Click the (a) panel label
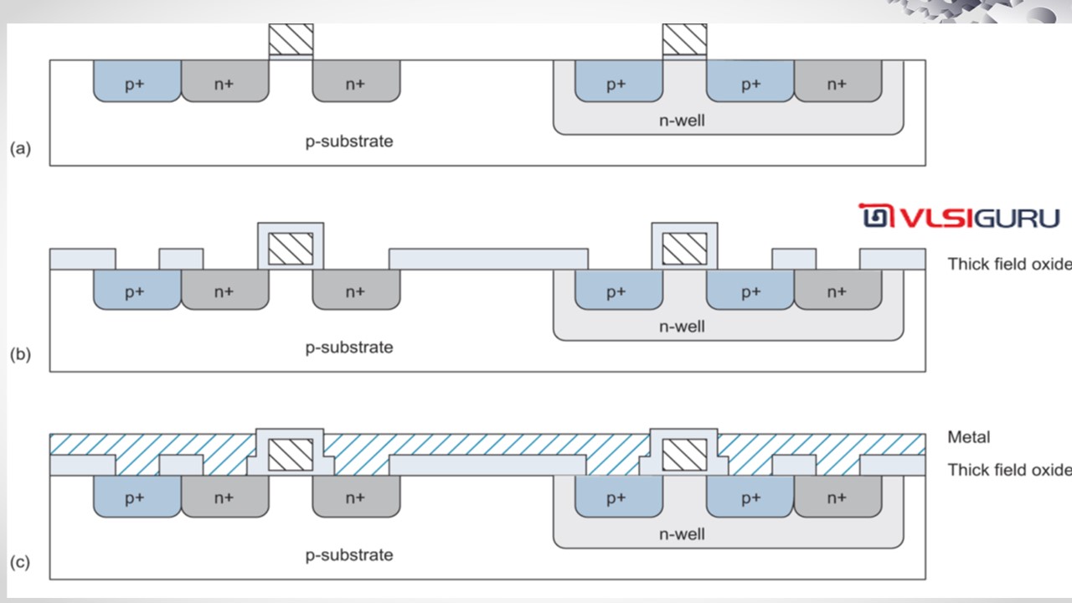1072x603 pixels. coord(20,148)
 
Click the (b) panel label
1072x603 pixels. coord(20,353)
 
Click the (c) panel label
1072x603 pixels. coord(20,561)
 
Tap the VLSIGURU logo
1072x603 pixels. coord(960,218)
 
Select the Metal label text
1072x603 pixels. coord(968,436)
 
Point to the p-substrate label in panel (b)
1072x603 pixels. coord(348,347)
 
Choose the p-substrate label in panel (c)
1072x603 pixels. coord(348,554)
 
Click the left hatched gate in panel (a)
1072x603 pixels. coord(291,39)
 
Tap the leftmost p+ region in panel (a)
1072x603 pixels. coord(137,83)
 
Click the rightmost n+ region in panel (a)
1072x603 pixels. coord(837,83)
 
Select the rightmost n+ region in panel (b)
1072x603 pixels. coord(837,291)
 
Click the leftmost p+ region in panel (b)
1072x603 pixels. coord(137,291)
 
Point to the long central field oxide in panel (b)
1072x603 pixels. coord(488,259)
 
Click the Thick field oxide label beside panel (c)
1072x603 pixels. coord(1008,470)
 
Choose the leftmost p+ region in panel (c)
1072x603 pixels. coord(137,498)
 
